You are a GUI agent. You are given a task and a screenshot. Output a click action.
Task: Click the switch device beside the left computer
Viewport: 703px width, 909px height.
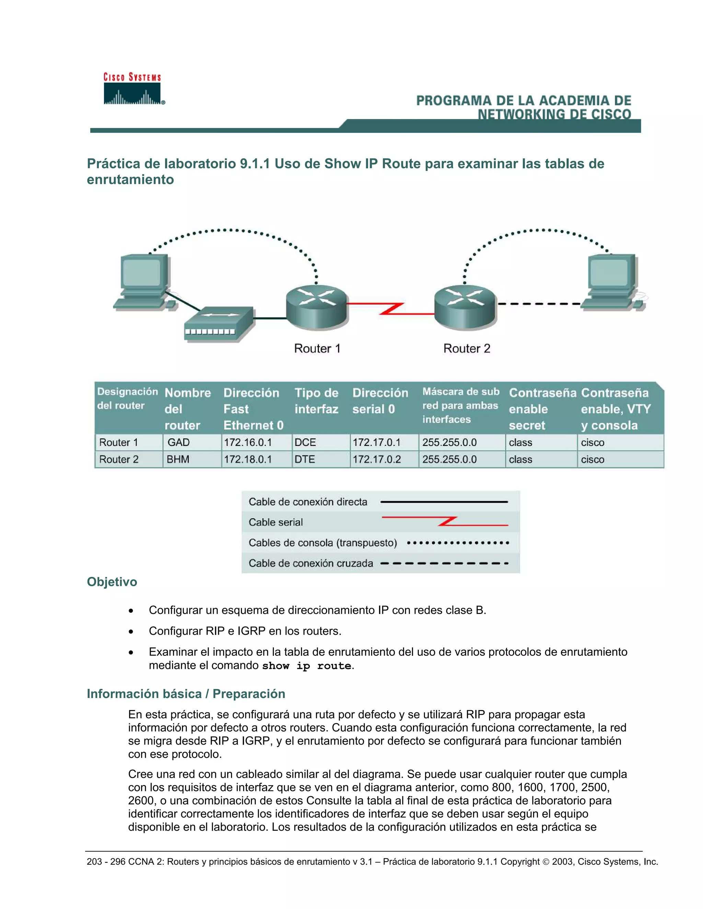coord(219,324)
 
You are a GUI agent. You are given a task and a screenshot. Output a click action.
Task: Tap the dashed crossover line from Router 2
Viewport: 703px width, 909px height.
coord(539,304)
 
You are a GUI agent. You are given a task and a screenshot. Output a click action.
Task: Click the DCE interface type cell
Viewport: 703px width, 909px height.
coord(305,442)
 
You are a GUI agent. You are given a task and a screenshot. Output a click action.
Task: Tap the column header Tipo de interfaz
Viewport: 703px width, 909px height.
coord(316,401)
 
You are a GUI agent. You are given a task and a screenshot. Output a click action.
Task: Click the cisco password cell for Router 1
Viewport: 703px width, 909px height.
coord(592,442)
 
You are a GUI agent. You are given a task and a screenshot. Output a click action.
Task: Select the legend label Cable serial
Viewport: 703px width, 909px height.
coord(275,522)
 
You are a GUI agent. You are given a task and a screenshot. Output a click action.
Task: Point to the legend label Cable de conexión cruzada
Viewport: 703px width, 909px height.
coord(311,563)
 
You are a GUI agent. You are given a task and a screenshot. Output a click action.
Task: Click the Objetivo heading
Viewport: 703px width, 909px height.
coord(112,581)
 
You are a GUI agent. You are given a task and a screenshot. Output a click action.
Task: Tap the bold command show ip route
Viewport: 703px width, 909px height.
coord(307,665)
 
